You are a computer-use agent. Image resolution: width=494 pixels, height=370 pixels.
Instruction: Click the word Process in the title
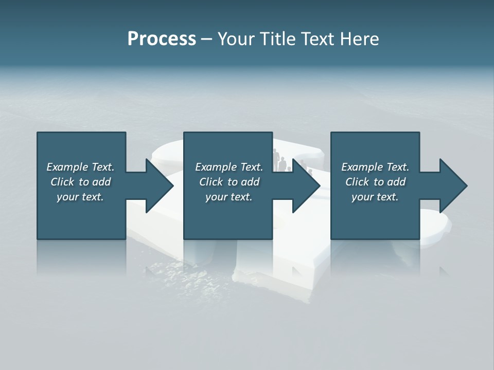pyautogui.click(x=162, y=39)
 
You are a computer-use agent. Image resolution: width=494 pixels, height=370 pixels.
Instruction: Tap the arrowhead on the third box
pyautogui.click(x=452, y=186)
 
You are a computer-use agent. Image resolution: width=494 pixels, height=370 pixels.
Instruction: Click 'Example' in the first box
pyautogui.click(x=67, y=167)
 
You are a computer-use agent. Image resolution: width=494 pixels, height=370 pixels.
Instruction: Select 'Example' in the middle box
pyautogui.click(x=216, y=167)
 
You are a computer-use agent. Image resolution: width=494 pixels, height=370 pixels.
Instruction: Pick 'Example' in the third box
pyautogui.click(x=362, y=167)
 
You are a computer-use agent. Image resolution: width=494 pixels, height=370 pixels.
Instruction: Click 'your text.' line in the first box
pyautogui.click(x=80, y=197)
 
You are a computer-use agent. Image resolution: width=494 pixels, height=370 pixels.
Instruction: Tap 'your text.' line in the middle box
pyautogui.click(x=228, y=197)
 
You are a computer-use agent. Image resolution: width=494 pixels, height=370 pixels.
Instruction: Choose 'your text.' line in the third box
pyautogui.click(x=375, y=197)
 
